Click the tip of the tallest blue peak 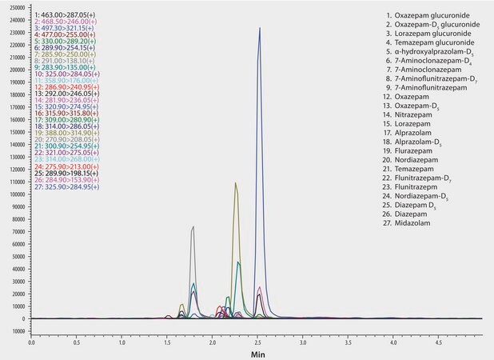[x=259, y=27]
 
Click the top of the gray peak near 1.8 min [x=193, y=227]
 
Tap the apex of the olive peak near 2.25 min [x=236, y=183]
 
